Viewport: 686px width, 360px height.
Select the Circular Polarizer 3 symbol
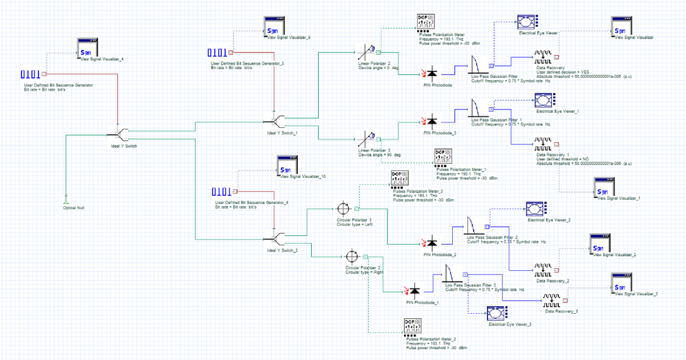coord(343,208)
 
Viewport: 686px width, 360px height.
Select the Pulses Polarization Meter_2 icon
coord(412,327)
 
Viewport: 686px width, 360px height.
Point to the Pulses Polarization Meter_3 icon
coord(400,178)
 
